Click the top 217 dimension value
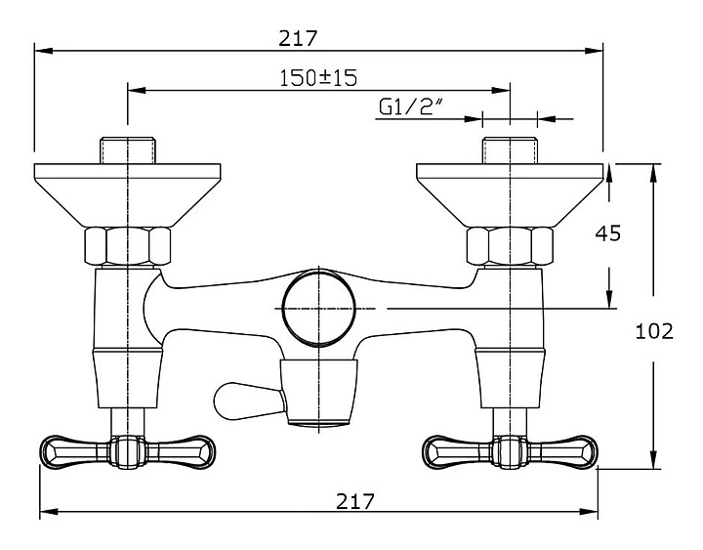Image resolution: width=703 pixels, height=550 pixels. [x=298, y=38]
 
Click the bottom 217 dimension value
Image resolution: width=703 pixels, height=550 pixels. [x=355, y=501]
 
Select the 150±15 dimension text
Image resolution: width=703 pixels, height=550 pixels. [x=318, y=77]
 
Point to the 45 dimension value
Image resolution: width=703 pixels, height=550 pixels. [x=608, y=233]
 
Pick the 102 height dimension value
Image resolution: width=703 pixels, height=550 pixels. [x=654, y=331]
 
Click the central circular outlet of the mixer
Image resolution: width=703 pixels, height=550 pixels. [x=318, y=308]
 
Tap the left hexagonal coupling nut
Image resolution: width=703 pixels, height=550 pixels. [x=128, y=246]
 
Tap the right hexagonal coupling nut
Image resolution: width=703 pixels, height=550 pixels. [x=510, y=246]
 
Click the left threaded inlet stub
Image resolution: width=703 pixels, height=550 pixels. [x=128, y=150]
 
